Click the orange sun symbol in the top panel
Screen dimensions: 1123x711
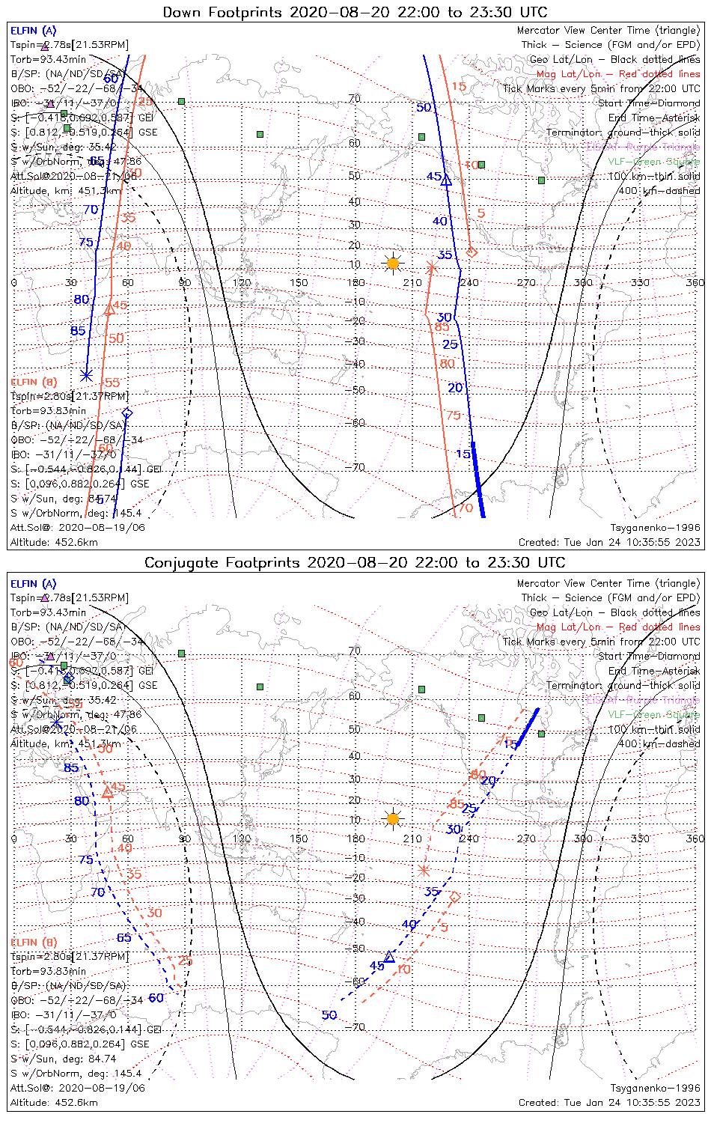click(392, 263)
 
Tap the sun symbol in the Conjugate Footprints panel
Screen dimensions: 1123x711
click(392, 818)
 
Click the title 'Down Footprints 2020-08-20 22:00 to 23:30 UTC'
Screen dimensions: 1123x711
click(355, 12)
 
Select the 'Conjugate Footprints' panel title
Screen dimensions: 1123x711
click(355, 562)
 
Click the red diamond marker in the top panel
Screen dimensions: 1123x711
click(472, 252)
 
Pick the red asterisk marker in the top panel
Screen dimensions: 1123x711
click(431, 266)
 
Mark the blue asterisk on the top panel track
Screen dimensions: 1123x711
click(86, 375)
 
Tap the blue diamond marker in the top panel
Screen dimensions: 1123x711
click(127, 413)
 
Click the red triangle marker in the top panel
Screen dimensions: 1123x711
click(109, 308)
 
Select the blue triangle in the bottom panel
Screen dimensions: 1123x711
click(389, 956)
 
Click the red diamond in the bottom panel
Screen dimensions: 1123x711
click(454, 896)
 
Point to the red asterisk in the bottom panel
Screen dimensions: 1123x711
click(424, 870)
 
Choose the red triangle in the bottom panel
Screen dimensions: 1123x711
click(108, 791)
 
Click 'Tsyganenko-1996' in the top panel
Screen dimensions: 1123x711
click(655, 528)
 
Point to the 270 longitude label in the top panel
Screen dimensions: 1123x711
click(526, 282)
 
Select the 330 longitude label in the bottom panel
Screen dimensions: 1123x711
click(640, 839)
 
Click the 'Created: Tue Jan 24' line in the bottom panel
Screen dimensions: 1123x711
click(609, 1103)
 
